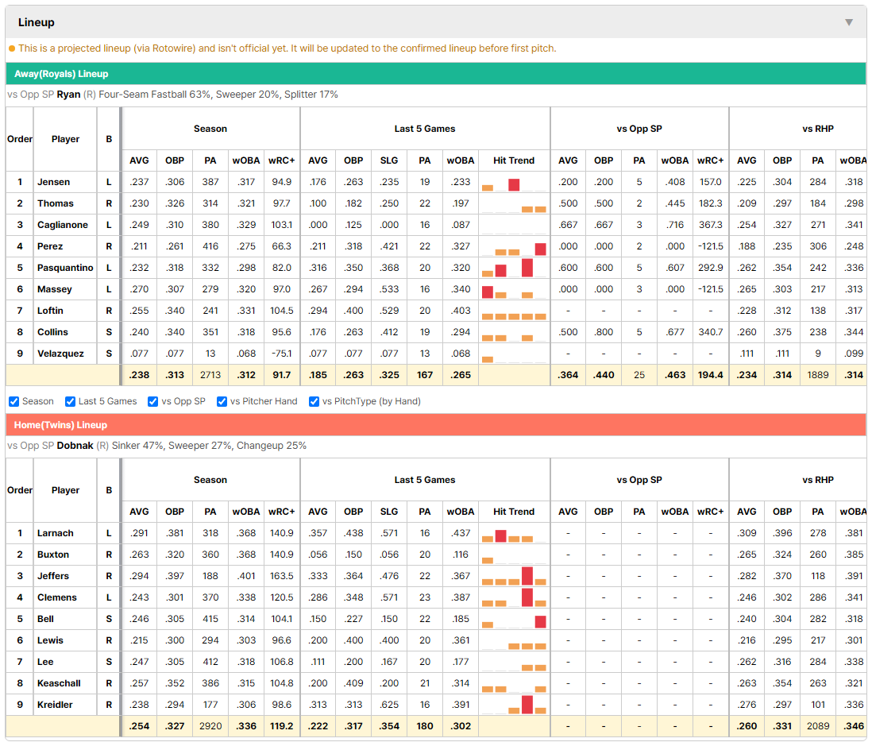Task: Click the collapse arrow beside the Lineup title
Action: pyautogui.click(x=849, y=22)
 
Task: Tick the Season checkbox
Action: pyautogui.click(x=14, y=402)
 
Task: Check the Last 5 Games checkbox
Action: pyautogui.click(x=70, y=402)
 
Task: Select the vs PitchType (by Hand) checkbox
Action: pyautogui.click(x=314, y=402)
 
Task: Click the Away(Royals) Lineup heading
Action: pyautogui.click(x=61, y=74)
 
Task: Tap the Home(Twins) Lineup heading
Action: pyautogui.click(x=60, y=425)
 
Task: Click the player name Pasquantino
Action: pyautogui.click(x=65, y=268)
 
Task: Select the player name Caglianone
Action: pyautogui.click(x=62, y=225)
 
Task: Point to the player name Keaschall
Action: pyautogui.click(x=59, y=683)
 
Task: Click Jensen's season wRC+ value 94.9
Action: pyautogui.click(x=281, y=182)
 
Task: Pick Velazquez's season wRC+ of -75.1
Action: pyautogui.click(x=281, y=354)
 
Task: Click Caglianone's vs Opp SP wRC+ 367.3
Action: pyautogui.click(x=710, y=225)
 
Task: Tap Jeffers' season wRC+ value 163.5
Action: pyautogui.click(x=281, y=576)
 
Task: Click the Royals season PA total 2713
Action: pyautogui.click(x=210, y=375)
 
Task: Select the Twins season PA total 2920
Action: pyautogui.click(x=210, y=726)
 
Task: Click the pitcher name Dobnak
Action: pyautogui.click(x=75, y=446)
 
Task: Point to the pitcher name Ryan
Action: pyautogui.click(x=68, y=95)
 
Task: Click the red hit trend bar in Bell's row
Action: pyautogui.click(x=540, y=621)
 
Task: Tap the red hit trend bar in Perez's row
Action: pyautogui.click(x=540, y=249)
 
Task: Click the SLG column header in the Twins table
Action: pyautogui.click(x=389, y=512)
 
